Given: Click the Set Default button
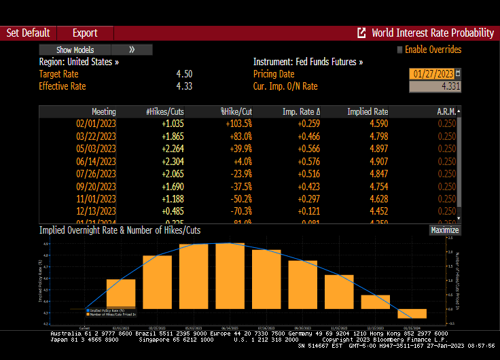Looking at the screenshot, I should pyautogui.click(x=28, y=33).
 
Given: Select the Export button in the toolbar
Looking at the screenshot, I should pyautogui.click(x=85, y=33).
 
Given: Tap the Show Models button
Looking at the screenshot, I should pyautogui.click(x=75, y=50).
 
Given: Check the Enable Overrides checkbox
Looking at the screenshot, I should pyautogui.click(x=399, y=50).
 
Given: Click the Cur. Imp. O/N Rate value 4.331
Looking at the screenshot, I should pyautogui.click(x=435, y=86).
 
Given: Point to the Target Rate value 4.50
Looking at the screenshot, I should pyautogui.click(x=183, y=74).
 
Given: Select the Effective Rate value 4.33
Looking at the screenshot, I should pyautogui.click(x=183, y=86).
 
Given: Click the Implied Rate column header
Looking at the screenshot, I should pyautogui.click(x=368, y=111).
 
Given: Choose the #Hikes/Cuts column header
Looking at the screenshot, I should pyautogui.click(x=165, y=111).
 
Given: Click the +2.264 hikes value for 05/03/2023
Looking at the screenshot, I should pyautogui.click(x=173, y=149).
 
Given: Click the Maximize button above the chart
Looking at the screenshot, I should pyautogui.click(x=445, y=230).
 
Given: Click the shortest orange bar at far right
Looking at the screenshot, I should pyautogui.click(x=412, y=313).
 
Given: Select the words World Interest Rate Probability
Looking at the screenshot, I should pyautogui.click(x=433, y=33).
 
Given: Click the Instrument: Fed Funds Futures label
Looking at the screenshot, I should pyautogui.click(x=308, y=62).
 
